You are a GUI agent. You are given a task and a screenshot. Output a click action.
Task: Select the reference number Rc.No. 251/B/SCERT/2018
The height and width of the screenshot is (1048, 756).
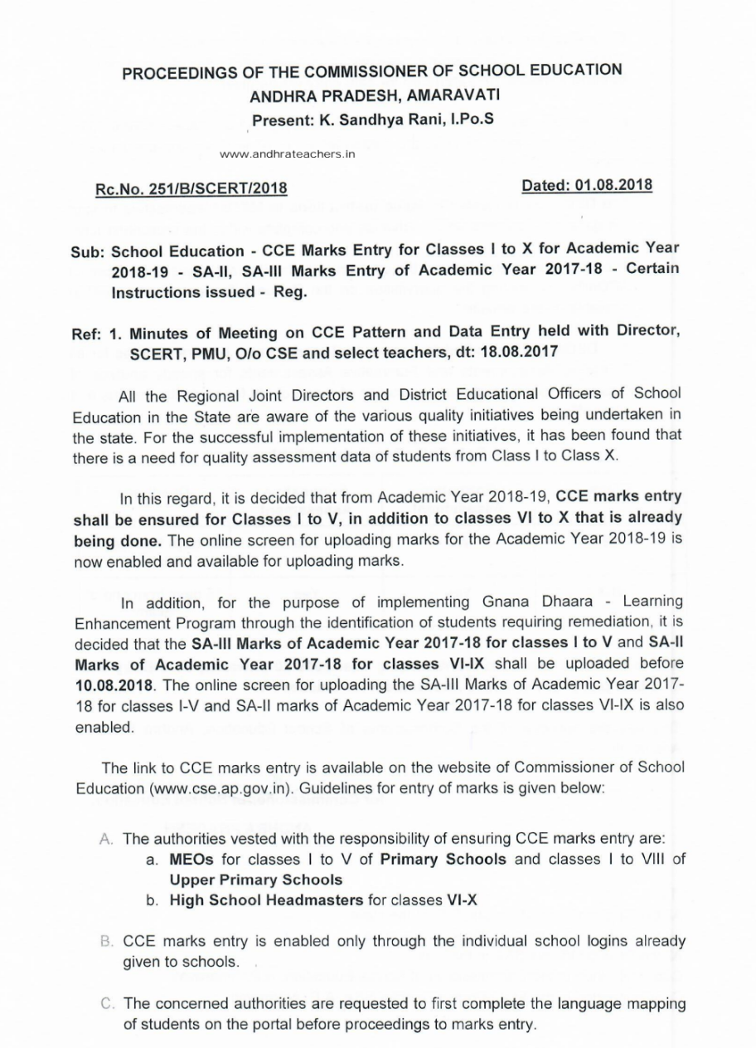coord(191,188)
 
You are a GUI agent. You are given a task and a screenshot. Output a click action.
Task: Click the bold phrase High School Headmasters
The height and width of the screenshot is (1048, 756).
coord(266,899)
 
